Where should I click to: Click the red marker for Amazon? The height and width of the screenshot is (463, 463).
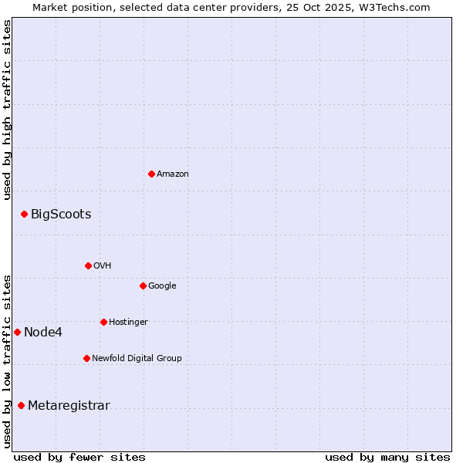click(x=151, y=174)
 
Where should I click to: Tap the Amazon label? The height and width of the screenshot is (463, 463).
click(x=172, y=174)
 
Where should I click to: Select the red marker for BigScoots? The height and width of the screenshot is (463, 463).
click(x=24, y=214)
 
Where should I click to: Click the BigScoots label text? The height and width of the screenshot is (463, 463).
click(x=61, y=215)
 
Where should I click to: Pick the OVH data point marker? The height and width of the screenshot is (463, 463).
click(x=88, y=265)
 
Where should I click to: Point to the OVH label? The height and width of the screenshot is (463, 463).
click(x=103, y=266)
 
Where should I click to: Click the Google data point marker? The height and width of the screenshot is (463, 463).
click(x=143, y=286)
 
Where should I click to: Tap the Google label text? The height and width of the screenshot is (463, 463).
click(x=162, y=286)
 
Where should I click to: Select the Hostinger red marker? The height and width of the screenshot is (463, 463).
click(x=103, y=322)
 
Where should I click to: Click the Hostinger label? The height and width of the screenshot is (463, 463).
click(x=128, y=323)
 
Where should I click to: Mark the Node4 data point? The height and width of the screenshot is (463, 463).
click(x=17, y=332)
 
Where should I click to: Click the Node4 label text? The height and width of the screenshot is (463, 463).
click(x=43, y=333)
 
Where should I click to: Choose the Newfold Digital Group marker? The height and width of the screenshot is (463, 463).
click(x=86, y=358)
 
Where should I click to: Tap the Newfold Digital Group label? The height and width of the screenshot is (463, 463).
click(x=137, y=359)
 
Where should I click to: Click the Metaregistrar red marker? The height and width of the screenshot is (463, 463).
click(x=21, y=405)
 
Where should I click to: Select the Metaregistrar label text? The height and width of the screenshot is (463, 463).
click(x=69, y=406)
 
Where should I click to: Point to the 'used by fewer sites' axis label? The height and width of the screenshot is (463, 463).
click(x=79, y=457)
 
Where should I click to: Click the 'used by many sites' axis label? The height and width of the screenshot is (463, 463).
click(x=387, y=457)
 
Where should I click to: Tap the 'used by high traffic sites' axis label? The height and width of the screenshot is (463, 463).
click(x=8, y=110)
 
